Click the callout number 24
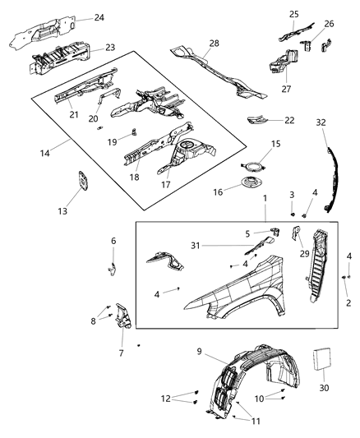pyautogui.click(x=99, y=16)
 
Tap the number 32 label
pyautogui.click(x=321, y=122)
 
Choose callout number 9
pyautogui.click(x=199, y=353)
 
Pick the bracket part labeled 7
pyautogui.click(x=122, y=316)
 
